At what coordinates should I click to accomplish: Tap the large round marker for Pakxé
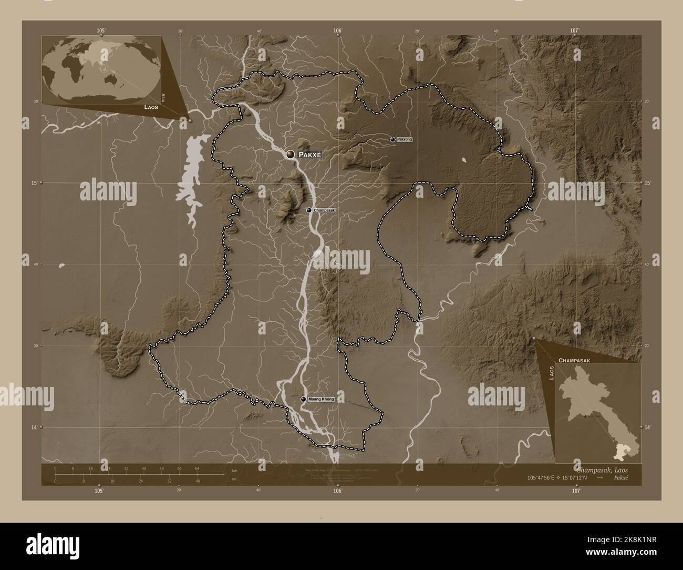coord(291,154)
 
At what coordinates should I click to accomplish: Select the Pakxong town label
coord(405,139)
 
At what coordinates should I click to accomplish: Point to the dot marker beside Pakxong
coord(392,139)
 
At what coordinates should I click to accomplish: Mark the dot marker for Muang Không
coord(303,400)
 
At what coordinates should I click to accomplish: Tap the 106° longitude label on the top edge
coord(337,30)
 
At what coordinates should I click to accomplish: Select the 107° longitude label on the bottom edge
coord(576,491)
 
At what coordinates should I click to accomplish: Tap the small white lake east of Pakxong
coord(464,159)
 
